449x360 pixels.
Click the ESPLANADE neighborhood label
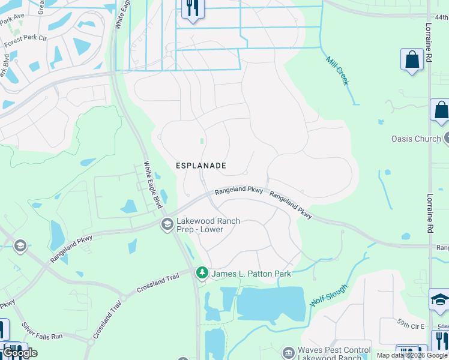click(x=200, y=165)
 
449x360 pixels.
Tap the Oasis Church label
click(x=415, y=139)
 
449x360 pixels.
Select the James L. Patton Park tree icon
click(x=202, y=273)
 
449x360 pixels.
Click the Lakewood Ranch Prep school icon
click(x=167, y=225)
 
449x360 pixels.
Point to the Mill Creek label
click(x=337, y=71)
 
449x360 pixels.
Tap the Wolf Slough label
click(x=328, y=296)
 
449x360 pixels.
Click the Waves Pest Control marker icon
click(x=288, y=350)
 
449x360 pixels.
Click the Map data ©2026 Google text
click(x=412, y=355)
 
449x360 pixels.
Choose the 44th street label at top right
click(x=441, y=17)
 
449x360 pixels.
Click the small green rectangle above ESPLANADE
click(x=202, y=142)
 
